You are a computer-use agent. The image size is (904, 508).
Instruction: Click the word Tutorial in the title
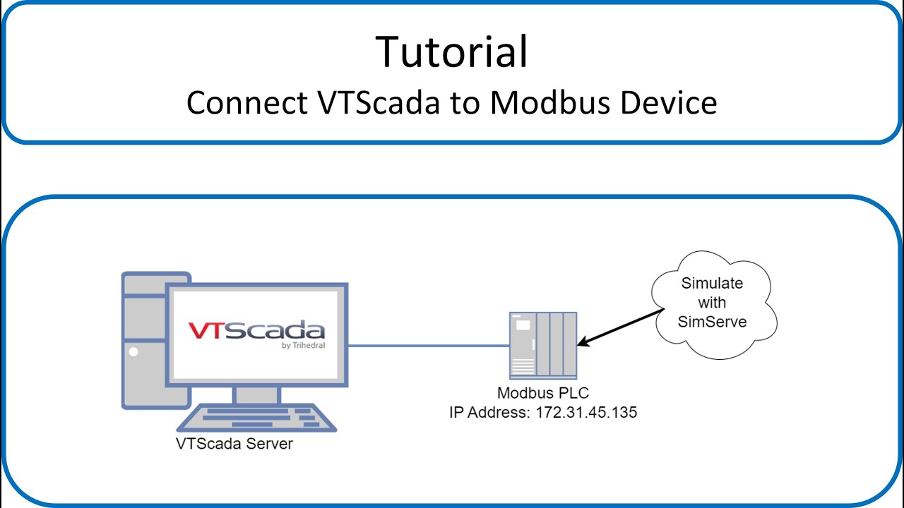pos(452,51)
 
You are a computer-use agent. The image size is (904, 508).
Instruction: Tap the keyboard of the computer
pos(256,418)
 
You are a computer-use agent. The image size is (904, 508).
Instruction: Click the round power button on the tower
pos(133,351)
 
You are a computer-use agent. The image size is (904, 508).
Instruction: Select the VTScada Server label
pos(234,445)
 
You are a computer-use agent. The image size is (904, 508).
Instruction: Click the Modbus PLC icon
pos(543,345)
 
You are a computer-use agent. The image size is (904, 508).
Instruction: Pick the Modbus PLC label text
pos(542,393)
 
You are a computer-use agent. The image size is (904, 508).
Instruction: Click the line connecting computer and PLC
pos(428,346)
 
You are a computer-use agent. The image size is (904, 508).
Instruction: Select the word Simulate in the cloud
pos(712,284)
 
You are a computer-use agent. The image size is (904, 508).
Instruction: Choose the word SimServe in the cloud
pos(712,322)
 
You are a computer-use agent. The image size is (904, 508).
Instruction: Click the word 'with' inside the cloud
pos(712,303)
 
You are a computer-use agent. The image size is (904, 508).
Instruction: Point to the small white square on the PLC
pos(523,325)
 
